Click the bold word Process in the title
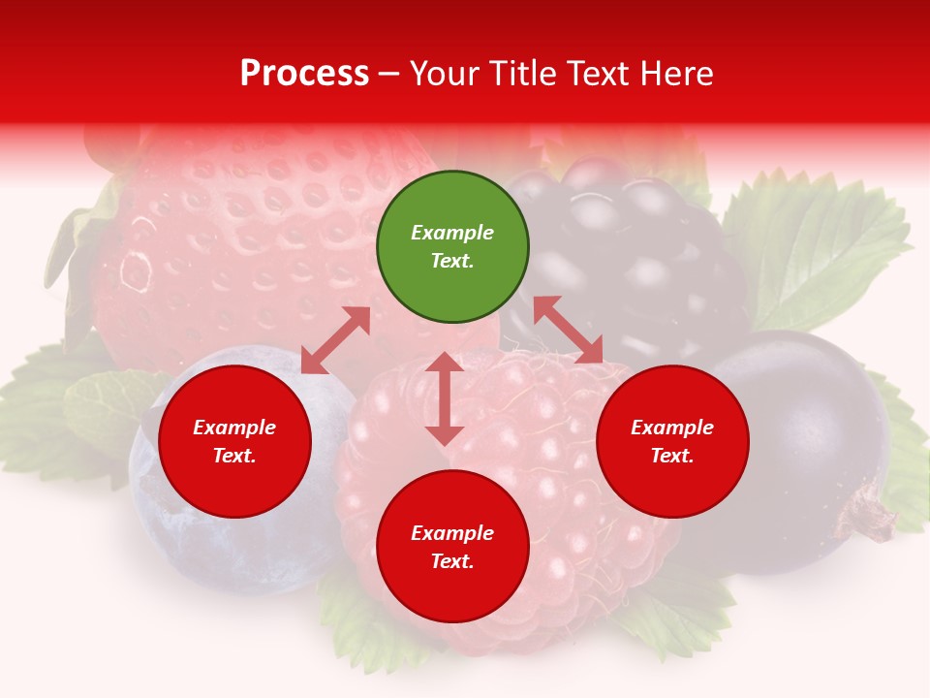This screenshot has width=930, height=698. [304, 74]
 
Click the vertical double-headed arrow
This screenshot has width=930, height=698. [445, 398]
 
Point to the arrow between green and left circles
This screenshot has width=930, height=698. [335, 339]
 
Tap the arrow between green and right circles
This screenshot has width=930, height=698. [568, 330]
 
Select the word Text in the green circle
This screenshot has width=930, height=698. [452, 261]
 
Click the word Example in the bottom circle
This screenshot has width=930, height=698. [452, 533]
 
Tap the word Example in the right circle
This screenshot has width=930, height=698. [672, 428]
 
